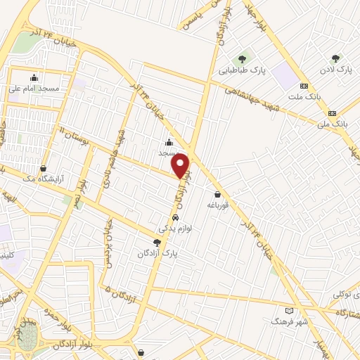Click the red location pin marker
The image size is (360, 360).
(x=181, y=166)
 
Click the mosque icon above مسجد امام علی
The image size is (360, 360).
(x=34, y=77)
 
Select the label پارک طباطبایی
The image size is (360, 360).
(x=241, y=70)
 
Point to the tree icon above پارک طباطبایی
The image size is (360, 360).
(x=242, y=58)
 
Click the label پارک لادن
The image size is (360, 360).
(x=335, y=70)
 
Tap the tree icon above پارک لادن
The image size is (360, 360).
(x=335, y=58)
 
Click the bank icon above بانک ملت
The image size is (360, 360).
(x=304, y=86)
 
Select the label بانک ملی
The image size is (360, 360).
(x=333, y=124)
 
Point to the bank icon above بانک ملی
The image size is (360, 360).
(x=333, y=112)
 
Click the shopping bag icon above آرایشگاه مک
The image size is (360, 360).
(x=44, y=169)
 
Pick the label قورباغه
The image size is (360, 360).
(x=219, y=205)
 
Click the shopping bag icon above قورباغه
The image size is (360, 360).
(x=219, y=194)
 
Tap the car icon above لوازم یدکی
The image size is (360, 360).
(x=165, y=218)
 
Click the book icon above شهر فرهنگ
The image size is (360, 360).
(x=288, y=309)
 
